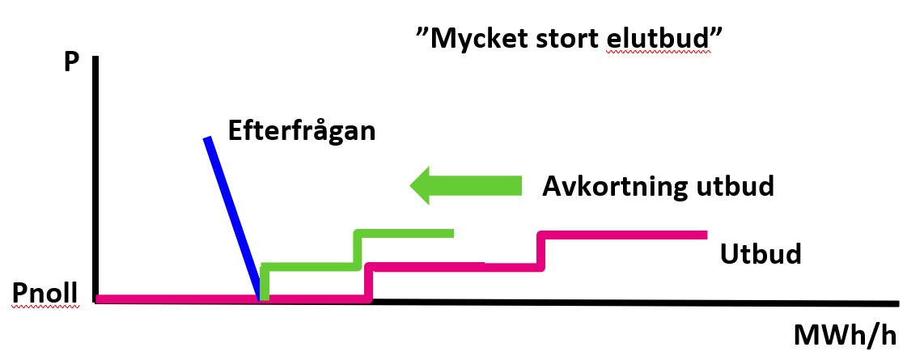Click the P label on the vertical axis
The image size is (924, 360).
click(x=72, y=65)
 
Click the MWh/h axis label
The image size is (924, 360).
click(x=856, y=334)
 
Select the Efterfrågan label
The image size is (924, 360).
click(x=302, y=130)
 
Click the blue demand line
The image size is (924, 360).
click(x=232, y=214)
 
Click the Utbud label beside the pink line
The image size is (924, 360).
click(x=760, y=254)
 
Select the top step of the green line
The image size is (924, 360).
click(x=404, y=233)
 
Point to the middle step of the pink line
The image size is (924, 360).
click(x=453, y=266)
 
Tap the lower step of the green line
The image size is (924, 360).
click(x=308, y=266)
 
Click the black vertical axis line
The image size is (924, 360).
click(x=95, y=178)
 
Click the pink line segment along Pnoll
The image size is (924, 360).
click(x=178, y=299)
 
